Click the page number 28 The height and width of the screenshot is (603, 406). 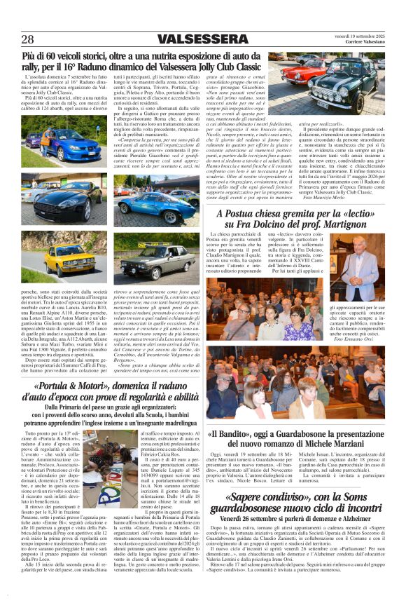[28, 39]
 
